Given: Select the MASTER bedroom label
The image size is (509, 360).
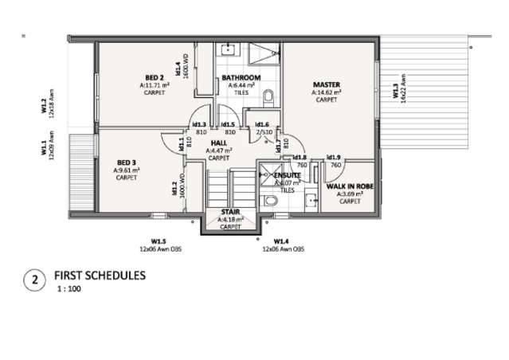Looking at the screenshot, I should [x=327, y=84].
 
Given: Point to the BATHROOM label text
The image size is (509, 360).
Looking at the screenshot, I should [x=241, y=76].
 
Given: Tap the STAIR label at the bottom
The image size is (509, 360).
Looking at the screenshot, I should [x=230, y=213].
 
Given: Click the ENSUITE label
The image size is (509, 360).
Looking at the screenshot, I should [x=287, y=174].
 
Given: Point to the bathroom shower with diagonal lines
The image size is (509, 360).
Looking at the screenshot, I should [x=263, y=55].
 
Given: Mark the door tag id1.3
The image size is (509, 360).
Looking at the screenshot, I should [x=200, y=124].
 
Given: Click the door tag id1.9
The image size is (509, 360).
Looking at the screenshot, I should [x=335, y=158].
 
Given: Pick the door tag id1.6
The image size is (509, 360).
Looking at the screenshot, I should [x=263, y=124].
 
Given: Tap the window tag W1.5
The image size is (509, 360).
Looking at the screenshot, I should [x=159, y=241].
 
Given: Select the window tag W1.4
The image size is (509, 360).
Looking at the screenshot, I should [x=281, y=241].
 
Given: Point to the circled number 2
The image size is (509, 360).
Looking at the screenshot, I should [x=33, y=280].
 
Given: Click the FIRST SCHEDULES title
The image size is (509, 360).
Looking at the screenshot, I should [x=100, y=276].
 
